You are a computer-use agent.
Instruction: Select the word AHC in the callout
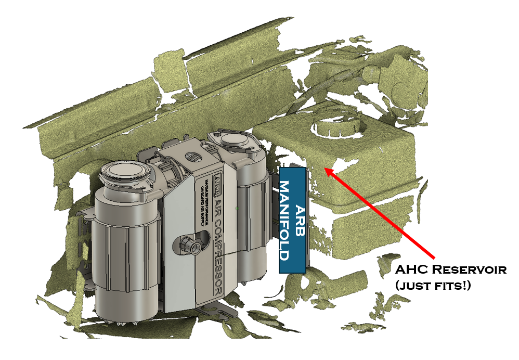point(411,271)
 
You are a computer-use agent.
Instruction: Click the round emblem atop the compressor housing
point(191,156)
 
